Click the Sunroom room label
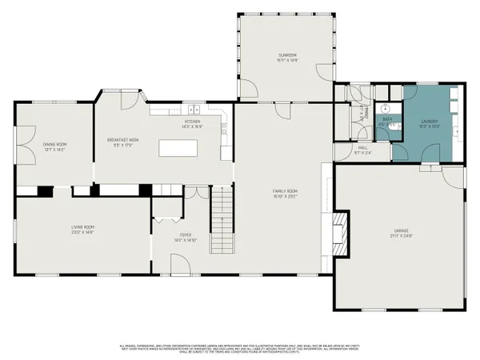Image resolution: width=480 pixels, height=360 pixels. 286,57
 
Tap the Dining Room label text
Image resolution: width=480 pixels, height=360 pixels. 54,146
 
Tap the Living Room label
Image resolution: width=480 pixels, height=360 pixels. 83,230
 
